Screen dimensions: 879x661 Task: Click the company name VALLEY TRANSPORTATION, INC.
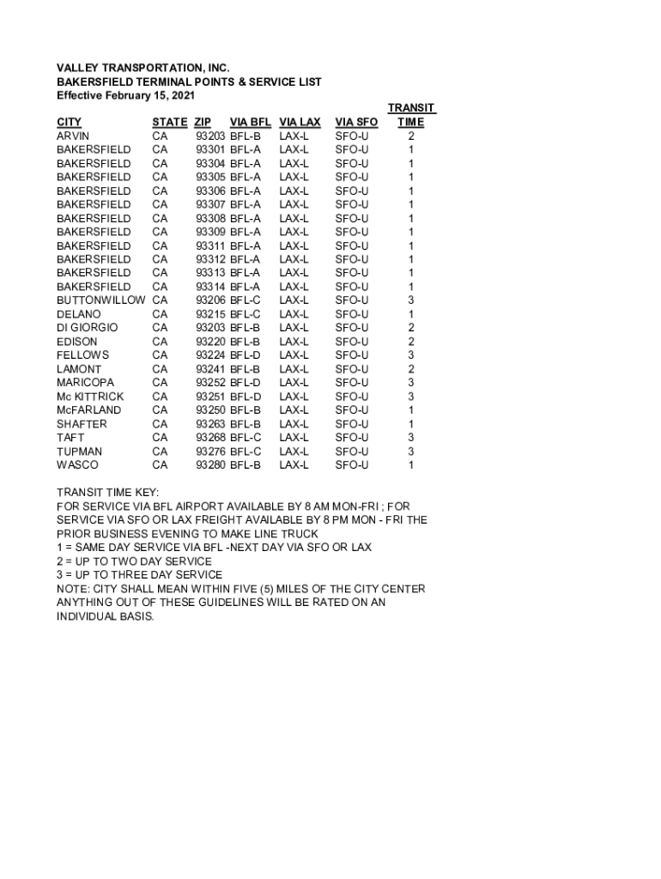click(x=143, y=67)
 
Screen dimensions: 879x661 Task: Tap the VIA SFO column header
click(x=356, y=122)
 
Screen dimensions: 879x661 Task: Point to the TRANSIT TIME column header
click(x=411, y=115)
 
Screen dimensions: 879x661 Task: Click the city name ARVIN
click(x=73, y=136)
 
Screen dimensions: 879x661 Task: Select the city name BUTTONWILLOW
click(x=100, y=300)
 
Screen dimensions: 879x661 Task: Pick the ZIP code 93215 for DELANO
click(x=211, y=314)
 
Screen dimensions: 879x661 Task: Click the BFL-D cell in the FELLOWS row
click(x=245, y=355)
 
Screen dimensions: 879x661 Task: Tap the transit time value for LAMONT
click(x=411, y=369)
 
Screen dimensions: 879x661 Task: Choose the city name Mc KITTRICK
click(x=90, y=397)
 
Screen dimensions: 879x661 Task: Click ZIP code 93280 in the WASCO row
click(x=211, y=465)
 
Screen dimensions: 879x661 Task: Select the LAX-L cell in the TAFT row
click(x=294, y=438)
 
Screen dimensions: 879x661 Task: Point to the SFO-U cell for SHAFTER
click(x=352, y=424)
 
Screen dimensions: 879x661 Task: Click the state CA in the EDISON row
click(x=160, y=342)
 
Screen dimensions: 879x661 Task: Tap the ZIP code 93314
click(x=211, y=287)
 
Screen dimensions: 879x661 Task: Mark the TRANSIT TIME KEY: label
click(x=107, y=493)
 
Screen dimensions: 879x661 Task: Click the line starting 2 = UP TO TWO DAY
click(x=134, y=561)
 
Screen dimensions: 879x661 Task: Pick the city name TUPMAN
click(x=79, y=452)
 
